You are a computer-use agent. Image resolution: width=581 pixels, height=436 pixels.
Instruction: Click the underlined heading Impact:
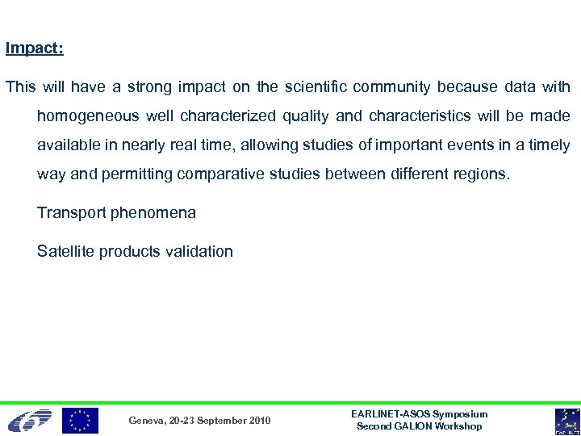tap(35, 48)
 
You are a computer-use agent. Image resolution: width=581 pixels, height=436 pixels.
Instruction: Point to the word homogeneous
tap(88, 116)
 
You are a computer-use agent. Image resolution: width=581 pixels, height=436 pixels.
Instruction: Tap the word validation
tap(197, 251)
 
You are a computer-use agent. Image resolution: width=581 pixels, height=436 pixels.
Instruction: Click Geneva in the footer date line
tap(147, 421)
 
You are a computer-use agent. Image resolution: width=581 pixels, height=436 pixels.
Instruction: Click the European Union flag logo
tap(81, 421)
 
